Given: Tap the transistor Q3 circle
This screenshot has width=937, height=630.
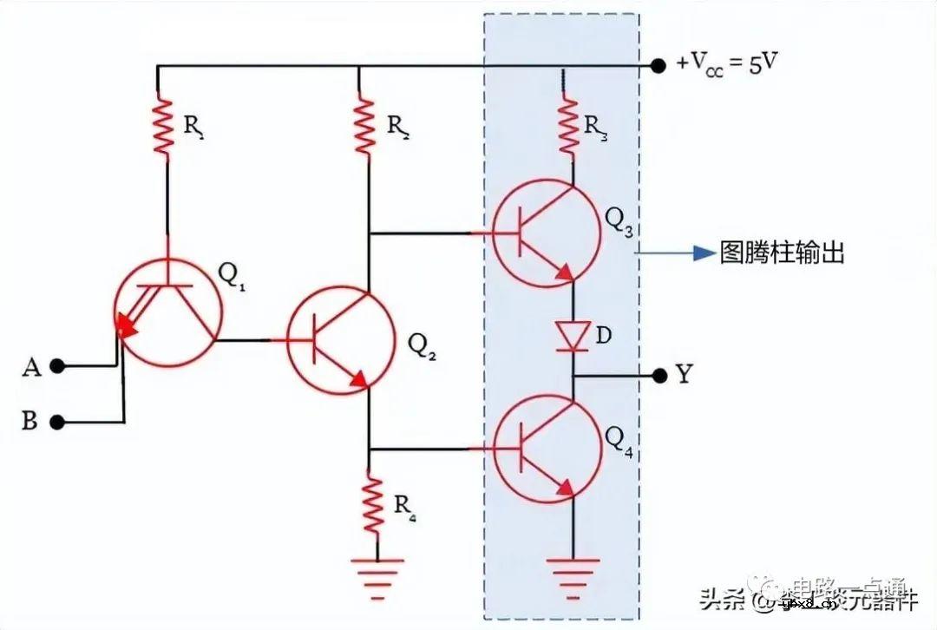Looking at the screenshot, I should click(546, 233).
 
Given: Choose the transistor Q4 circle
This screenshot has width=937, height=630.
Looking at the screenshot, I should click(546, 448).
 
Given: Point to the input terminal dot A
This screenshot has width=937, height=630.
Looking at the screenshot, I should click(57, 366).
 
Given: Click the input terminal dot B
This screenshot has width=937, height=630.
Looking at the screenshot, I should click(57, 423).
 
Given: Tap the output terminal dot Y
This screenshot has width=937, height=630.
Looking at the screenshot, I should click(659, 375).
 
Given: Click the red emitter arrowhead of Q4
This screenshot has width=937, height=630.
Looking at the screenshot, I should click(565, 489).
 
